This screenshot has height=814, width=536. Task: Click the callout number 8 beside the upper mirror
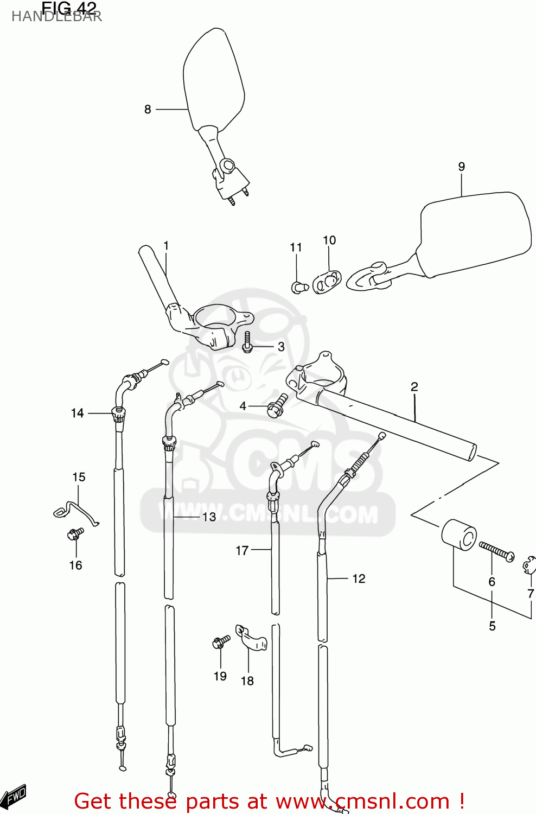[x=148, y=110]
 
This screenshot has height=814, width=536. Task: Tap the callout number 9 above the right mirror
[x=461, y=167]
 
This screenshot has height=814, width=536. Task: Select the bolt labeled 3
[x=247, y=342]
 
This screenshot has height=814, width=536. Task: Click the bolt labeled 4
[x=277, y=405]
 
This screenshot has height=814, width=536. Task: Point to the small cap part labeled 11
[x=299, y=287]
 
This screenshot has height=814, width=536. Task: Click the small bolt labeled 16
[x=75, y=534]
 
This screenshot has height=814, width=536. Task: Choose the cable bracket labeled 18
[x=251, y=638]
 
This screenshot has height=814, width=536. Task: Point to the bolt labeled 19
[x=221, y=643]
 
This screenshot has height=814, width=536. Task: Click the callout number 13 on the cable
[x=209, y=517]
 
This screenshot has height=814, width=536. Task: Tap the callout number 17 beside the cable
[x=242, y=551]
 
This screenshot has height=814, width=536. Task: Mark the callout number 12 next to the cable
[x=359, y=579]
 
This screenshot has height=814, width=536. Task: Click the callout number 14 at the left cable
[x=77, y=414]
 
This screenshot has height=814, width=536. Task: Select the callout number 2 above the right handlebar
[x=414, y=387]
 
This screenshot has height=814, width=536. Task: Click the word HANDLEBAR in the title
[x=56, y=17]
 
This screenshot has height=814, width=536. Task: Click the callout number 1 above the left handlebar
[x=166, y=246]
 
